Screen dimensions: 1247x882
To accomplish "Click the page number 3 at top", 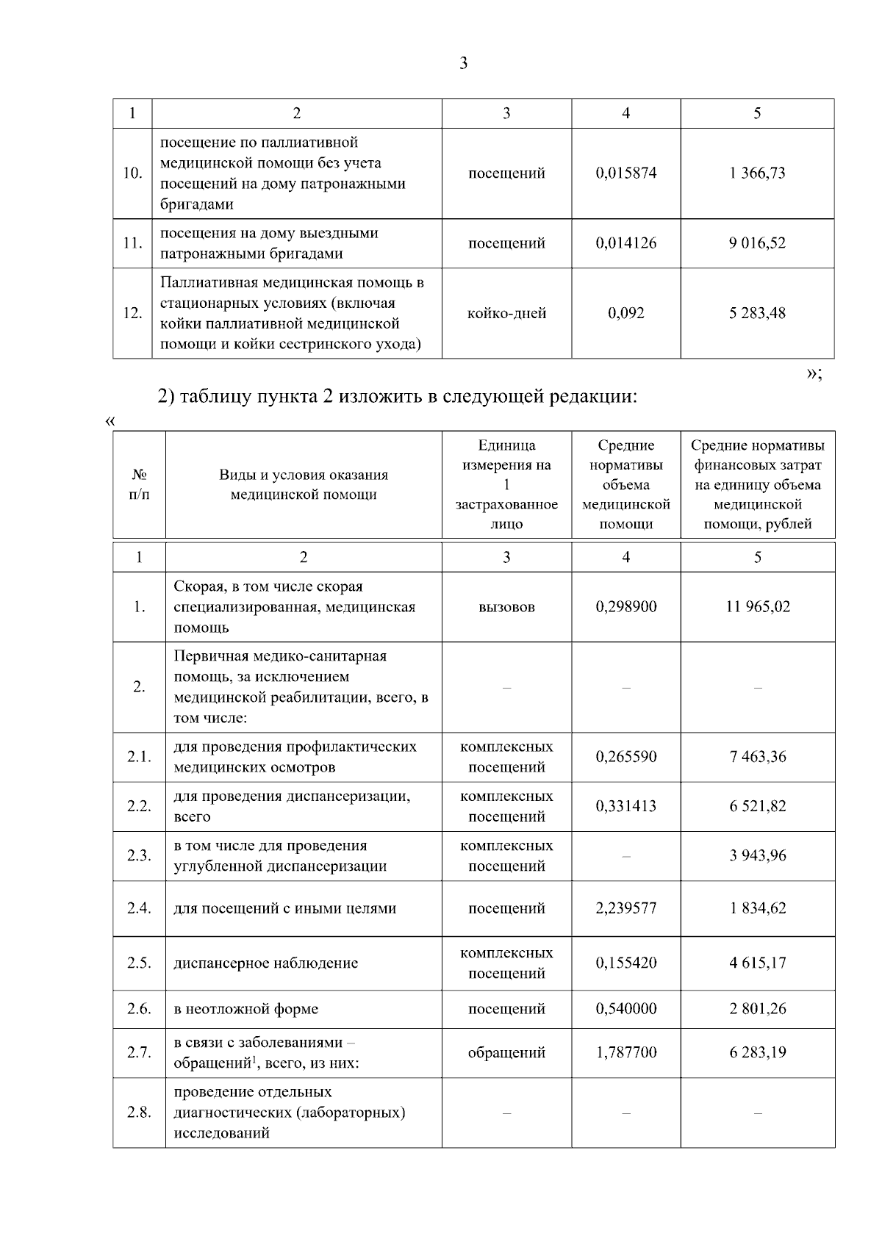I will (x=463, y=63).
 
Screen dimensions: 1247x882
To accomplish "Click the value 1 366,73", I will (x=757, y=173).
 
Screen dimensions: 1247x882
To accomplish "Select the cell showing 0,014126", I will (x=625, y=243).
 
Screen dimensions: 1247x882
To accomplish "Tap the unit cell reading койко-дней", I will (x=506, y=313).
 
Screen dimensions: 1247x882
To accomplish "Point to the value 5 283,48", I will (x=757, y=313).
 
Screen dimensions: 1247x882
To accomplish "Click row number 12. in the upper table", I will (x=132, y=313).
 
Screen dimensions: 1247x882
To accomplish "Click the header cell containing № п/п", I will (x=139, y=485).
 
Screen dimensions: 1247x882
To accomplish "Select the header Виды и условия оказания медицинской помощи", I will (x=304, y=485).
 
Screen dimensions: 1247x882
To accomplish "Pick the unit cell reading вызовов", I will (x=506, y=607).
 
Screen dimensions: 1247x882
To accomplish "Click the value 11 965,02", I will (x=757, y=607).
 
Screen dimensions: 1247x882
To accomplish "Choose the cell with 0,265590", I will (x=625, y=757).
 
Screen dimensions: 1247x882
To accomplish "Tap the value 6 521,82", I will (x=757, y=806).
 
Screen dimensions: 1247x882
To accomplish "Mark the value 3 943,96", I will (x=757, y=855).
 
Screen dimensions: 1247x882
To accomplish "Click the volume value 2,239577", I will (x=625, y=908).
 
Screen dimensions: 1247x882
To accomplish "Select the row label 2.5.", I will (x=139, y=963).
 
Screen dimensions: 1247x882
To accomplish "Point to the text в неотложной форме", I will (x=246, y=1009).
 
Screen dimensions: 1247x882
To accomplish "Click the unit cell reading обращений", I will (x=506, y=1052).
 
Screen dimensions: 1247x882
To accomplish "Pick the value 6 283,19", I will (x=757, y=1052).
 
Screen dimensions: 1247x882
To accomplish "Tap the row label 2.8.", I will (x=139, y=1113).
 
